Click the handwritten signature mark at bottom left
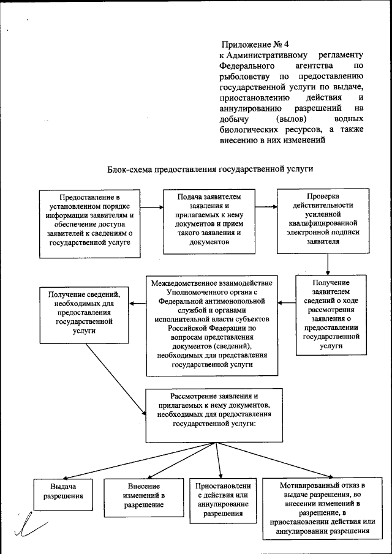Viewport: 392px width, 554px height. click(x=31, y=526)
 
